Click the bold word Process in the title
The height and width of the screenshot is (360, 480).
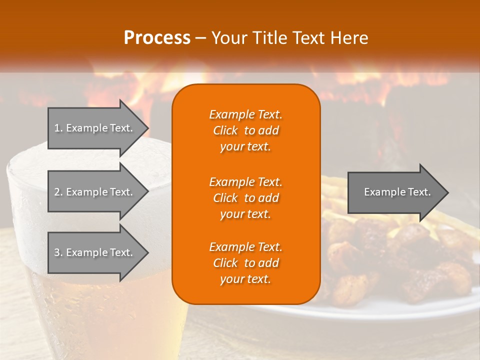click(x=157, y=38)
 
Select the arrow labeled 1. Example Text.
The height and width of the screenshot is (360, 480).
click(x=95, y=128)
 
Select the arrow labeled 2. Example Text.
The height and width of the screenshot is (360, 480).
click(x=95, y=192)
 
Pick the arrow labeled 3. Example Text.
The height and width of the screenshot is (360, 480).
click(x=95, y=252)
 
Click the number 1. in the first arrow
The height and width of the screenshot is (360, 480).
click(x=58, y=128)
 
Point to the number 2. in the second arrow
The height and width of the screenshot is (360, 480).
click(x=58, y=192)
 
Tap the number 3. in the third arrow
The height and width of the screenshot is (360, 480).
click(x=58, y=252)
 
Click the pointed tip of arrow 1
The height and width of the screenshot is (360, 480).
click(x=145, y=128)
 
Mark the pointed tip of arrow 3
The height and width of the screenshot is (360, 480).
click(x=145, y=252)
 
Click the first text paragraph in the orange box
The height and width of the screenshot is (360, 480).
click(x=245, y=130)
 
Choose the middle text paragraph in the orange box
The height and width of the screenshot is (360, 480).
click(x=245, y=197)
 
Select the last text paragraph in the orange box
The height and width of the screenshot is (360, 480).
click(x=245, y=263)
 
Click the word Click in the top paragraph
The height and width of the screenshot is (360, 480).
click(x=225, y=130)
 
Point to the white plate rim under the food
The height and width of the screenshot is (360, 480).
click(x=350, y=312)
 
